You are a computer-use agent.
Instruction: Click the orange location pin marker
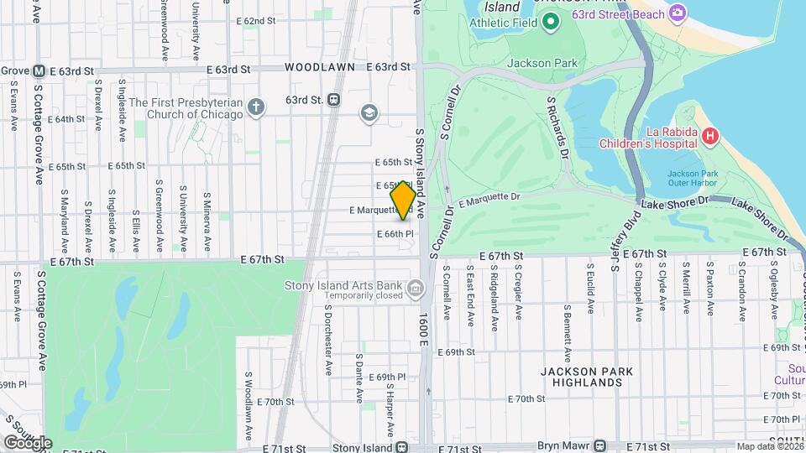click(403, 200)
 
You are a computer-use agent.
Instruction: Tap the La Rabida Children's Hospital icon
click(709, 135)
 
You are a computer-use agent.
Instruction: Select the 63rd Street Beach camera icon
click(678, 13)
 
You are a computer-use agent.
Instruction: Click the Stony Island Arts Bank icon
click(414, 290)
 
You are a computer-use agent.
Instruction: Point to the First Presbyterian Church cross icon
click(256, 107)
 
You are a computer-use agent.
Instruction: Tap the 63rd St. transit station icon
click(333, 100)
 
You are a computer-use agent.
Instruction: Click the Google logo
click(28, 443)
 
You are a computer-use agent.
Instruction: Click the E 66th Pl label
click(395, 233)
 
